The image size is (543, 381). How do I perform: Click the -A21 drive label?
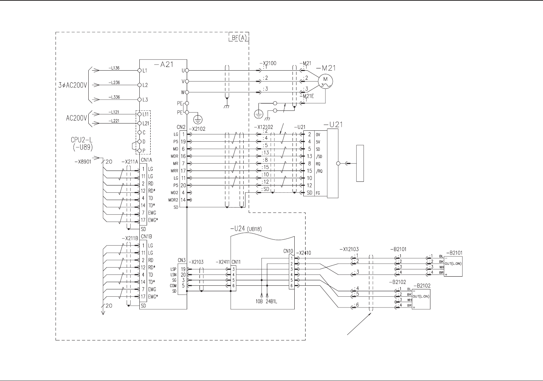coord(164,65)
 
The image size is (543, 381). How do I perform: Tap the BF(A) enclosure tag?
coord(239,38)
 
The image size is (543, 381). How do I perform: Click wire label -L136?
coord(114,68)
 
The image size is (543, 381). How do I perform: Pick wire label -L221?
coord(114,121)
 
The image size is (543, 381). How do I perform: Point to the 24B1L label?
coord(271,301)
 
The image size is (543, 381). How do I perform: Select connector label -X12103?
coord(349,249)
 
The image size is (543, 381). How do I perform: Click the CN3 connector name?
coord(181,260)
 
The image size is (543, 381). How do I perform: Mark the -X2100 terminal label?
coord(268,63)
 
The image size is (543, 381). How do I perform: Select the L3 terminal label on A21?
coord(145,100)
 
